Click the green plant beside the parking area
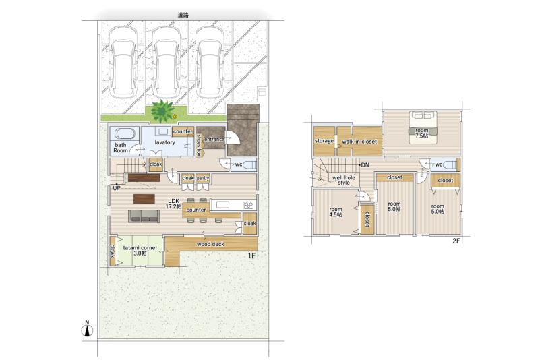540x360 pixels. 162,111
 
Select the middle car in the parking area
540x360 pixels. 166,62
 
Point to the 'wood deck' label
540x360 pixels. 210,244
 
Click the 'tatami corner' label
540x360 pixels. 140,247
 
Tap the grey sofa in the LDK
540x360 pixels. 144,216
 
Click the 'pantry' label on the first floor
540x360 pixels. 203,178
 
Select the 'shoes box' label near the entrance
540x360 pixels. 199,145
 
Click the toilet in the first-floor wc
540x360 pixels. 248,165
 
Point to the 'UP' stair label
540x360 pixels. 117,189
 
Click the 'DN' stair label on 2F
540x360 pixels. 365,165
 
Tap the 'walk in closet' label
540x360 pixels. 359,142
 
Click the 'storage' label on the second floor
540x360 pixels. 324,141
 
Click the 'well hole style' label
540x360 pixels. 344,180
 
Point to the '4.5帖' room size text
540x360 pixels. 336,214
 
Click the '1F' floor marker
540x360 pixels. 251,256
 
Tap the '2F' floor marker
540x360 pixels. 456,241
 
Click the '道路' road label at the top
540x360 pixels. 183,15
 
